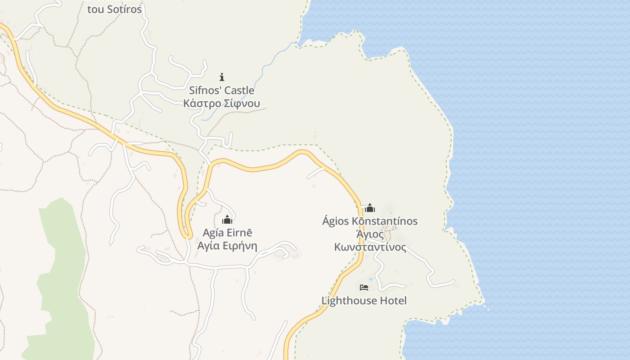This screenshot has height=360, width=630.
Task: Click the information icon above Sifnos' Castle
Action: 221,77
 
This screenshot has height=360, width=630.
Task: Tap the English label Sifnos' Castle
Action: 221,90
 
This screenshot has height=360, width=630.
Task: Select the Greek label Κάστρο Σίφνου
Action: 221,103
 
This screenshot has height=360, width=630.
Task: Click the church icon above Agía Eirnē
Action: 227,220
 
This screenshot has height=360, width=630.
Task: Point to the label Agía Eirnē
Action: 227,233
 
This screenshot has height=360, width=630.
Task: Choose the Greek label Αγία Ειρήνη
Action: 227,246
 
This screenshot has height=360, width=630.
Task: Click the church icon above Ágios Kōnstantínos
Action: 370,208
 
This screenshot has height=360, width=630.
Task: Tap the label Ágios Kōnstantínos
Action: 370,221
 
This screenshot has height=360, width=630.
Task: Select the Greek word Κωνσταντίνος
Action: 370,247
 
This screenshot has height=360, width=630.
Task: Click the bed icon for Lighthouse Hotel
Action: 364,287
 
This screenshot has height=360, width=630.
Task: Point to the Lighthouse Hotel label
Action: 364,301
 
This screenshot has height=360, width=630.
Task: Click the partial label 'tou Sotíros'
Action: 114,9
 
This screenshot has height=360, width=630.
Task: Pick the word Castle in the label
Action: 239,90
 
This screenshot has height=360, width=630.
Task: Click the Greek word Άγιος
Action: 370,234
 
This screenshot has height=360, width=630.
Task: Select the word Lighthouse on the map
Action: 349,301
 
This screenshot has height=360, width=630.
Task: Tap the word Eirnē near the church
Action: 240,233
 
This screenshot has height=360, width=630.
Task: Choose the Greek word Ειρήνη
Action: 240,246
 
